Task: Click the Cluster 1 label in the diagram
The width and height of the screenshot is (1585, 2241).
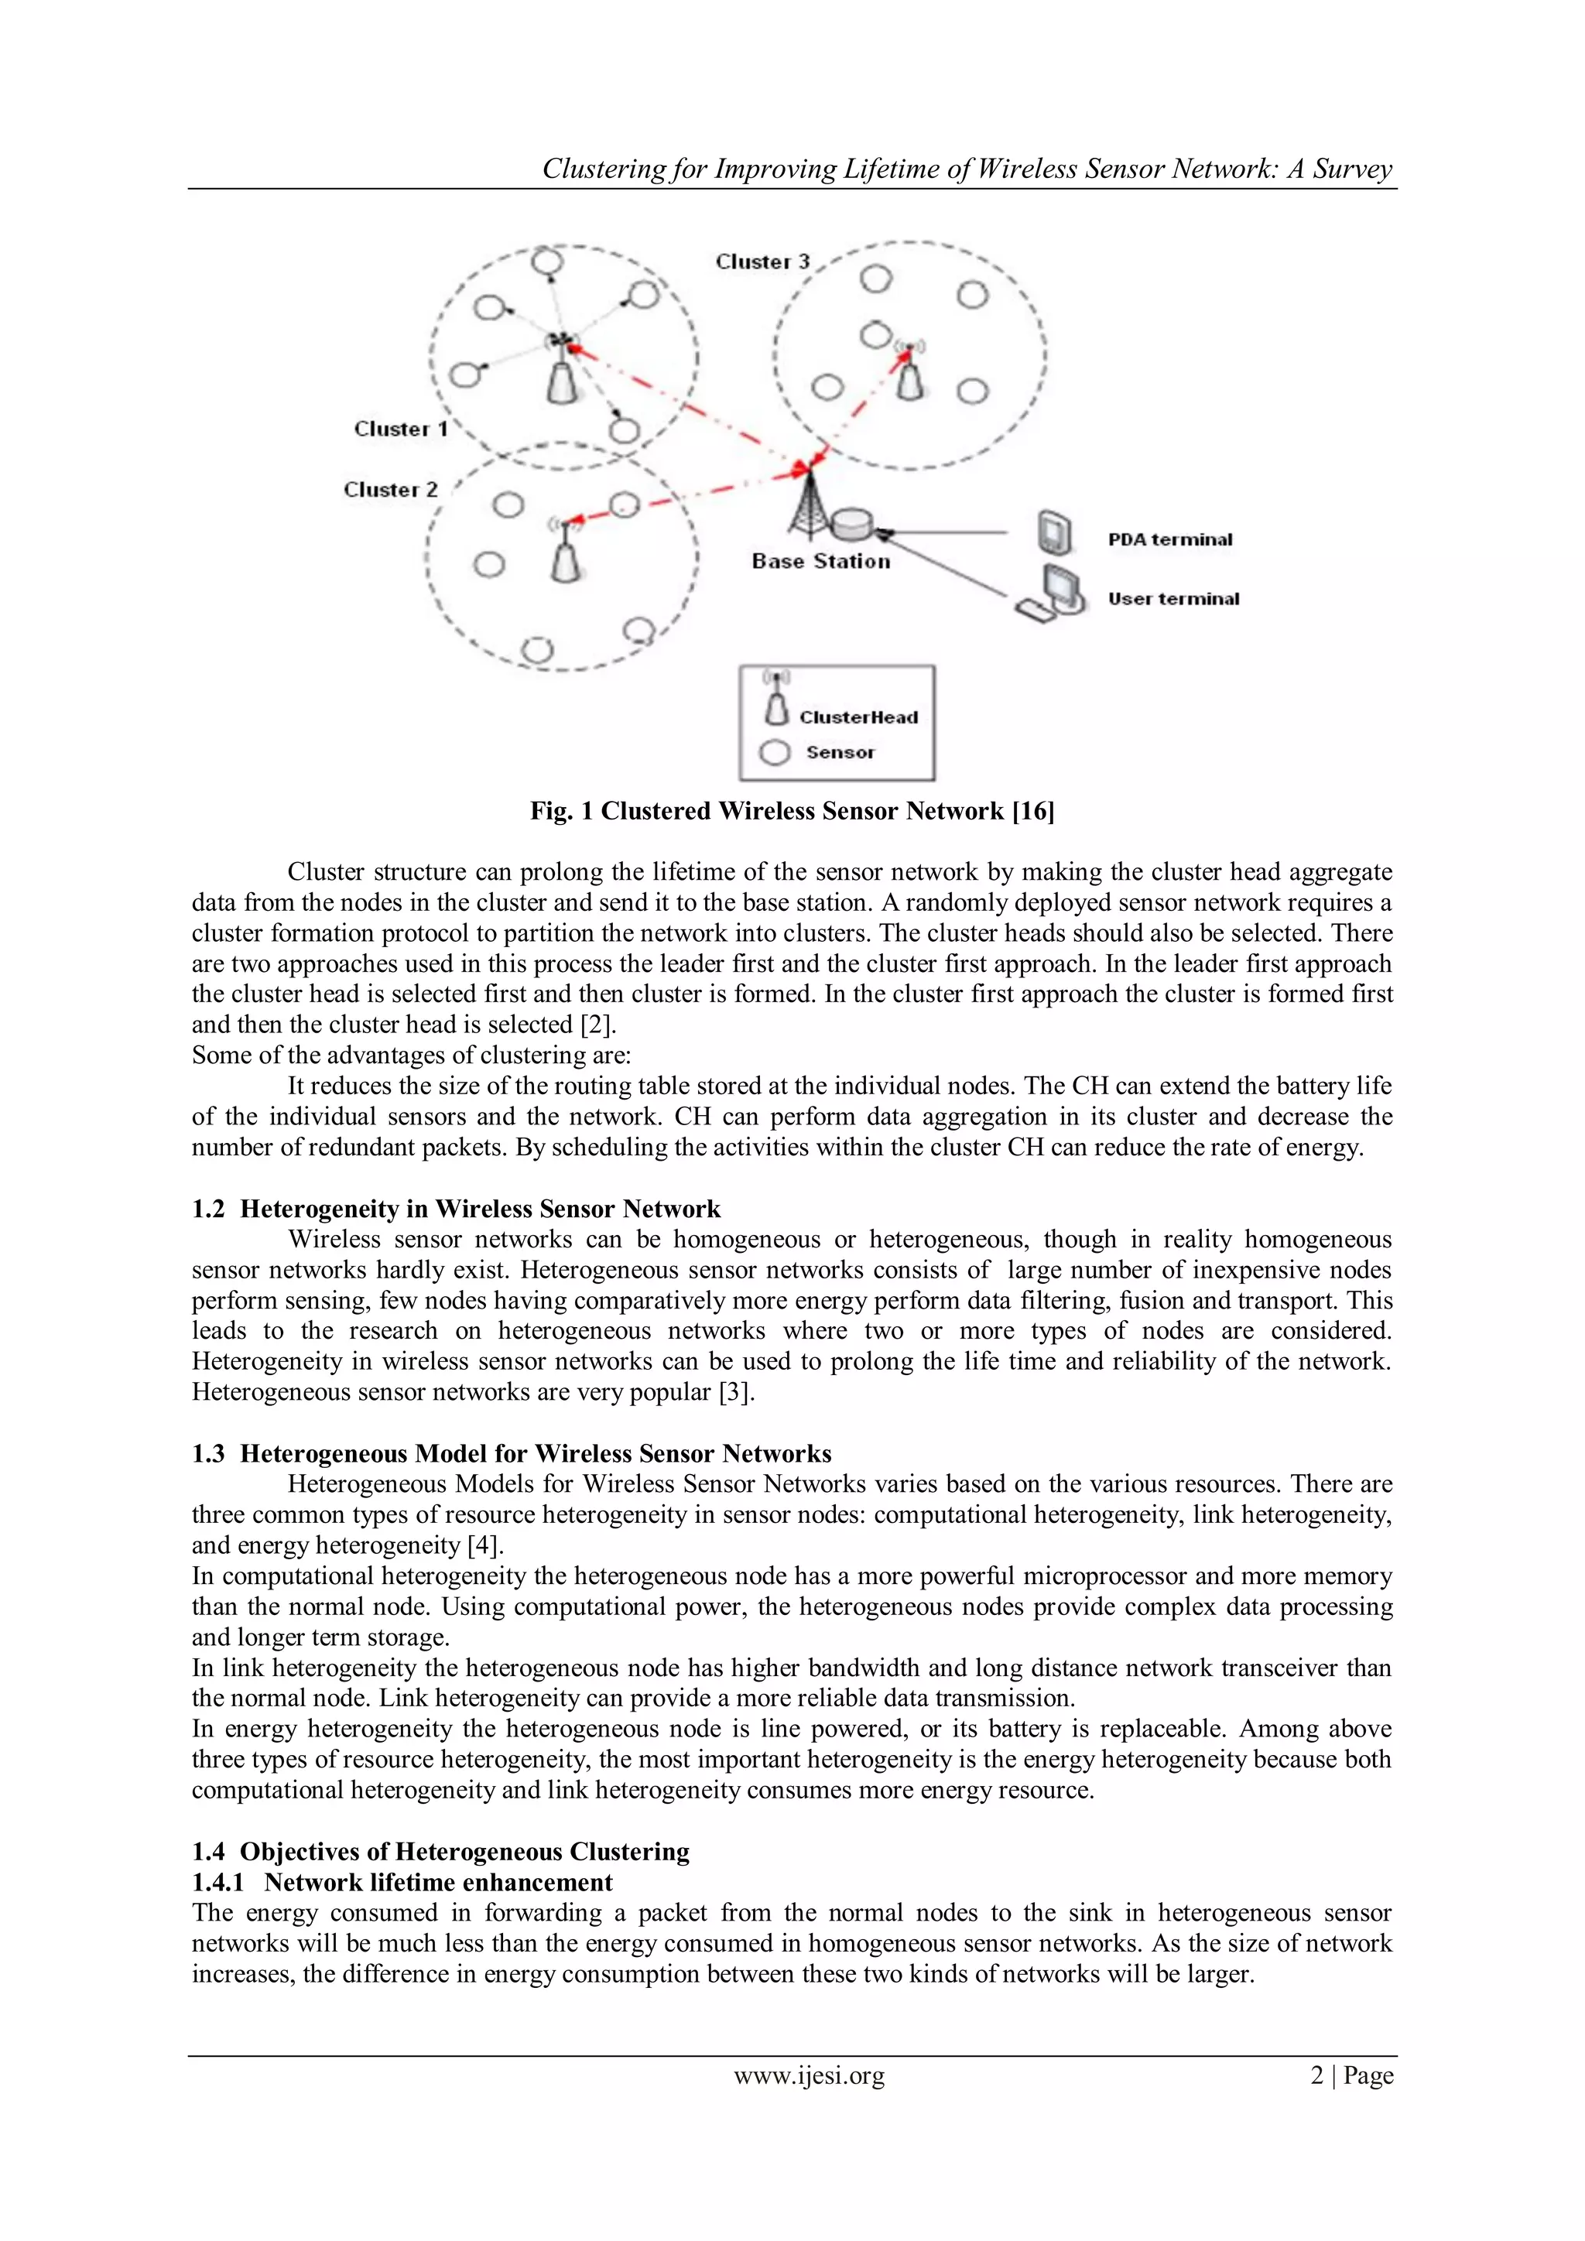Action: pos(400,429)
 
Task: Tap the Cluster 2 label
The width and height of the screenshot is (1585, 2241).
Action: pos(390,490)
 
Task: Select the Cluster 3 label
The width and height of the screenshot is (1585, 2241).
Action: pos(762,262)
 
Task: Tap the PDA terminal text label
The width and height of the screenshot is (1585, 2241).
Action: pos(1169,540)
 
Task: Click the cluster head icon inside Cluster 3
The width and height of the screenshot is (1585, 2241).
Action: pos(909,376)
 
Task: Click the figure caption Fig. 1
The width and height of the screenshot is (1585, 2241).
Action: pos(792,811)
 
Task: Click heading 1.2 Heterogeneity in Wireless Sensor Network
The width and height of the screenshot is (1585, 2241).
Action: pos(456,1209)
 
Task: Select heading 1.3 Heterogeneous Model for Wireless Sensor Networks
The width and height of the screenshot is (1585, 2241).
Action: pos(512,1454)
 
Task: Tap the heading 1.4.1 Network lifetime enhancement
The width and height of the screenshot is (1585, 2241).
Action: pos(402,1883)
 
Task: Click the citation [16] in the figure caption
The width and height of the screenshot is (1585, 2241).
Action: pos(1033,811)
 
